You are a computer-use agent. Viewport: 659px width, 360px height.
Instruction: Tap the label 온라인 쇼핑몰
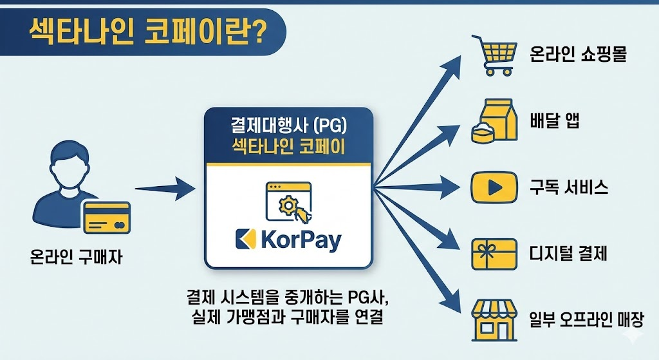577,53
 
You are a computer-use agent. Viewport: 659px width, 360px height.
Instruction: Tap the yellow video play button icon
494,187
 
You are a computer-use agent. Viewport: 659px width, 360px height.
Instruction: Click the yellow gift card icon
494,254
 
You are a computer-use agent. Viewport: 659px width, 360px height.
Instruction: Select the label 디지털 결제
569,254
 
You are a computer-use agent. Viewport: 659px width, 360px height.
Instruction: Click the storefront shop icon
494,319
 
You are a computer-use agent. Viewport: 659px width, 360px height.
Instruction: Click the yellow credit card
107,218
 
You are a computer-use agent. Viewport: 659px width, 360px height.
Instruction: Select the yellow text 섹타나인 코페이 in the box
288,147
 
